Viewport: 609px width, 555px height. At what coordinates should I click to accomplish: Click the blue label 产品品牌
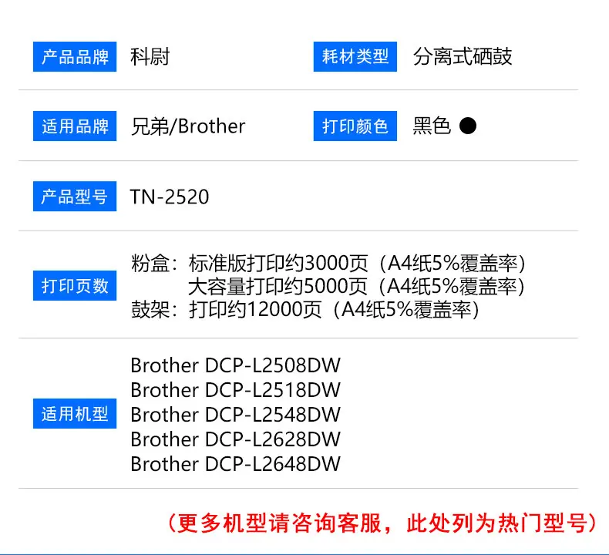pyautogui.click(x=75, y=57)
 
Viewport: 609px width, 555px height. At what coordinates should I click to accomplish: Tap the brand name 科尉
pyautogui.click(x=150, y=57)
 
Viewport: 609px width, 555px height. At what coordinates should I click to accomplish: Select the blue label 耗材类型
pyautogui.click(x=355, y=57)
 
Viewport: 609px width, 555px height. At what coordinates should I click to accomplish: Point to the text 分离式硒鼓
pyautogui.click(x=463, y=57)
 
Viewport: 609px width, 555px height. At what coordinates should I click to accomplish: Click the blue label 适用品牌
pyautogui.click(x=75, y=126)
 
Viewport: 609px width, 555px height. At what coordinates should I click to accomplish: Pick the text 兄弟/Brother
pyautogui.click(x=188, y=126)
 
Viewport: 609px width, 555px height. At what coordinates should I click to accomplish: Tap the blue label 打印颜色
pyautogui.click(x=355, y=126)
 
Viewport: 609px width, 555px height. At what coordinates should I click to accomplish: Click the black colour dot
pyautogui.click(x=468, y=126)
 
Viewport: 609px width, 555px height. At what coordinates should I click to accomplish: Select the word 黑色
pyautogui.click(x=432, y=126)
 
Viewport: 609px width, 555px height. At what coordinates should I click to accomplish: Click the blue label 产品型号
pyautogui.click(x=75, y=196)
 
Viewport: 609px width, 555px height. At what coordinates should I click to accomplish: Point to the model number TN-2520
pyautogui.click(x=170, y=197)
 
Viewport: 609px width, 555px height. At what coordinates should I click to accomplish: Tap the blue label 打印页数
pyautogui.click(x=75, y=285)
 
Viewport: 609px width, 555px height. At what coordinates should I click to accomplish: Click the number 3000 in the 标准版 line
pyautogui.click(x=325, y=264)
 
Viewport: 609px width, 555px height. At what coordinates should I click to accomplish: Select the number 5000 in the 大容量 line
pyautogui.click(x=325, y=287)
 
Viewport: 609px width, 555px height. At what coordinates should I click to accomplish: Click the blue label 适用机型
pyautogui.click(x=75, y=414)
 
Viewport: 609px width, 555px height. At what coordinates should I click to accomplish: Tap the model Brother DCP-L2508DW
pyautogui.click(x=235, y=365)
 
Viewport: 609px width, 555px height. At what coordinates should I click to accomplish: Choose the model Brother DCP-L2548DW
pyautogui.click(x=235, y=415)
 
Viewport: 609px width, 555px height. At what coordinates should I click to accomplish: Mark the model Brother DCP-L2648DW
pyautogui.click(x=235, y=464)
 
